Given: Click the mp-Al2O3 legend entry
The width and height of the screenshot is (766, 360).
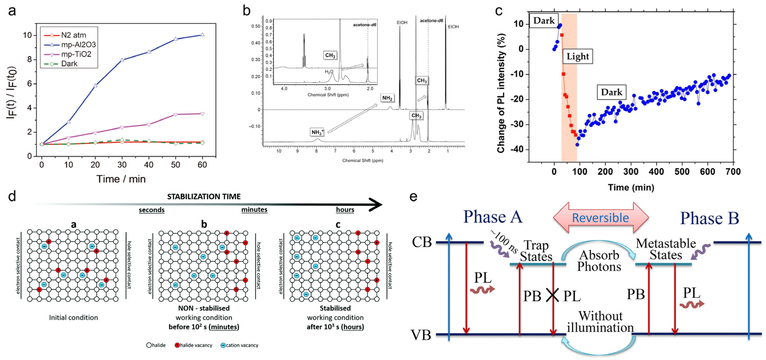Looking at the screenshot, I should pos(78,45).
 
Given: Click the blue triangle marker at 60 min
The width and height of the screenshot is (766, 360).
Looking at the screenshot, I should pos(203,35).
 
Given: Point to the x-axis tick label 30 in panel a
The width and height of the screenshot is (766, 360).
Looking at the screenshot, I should pos(122,165).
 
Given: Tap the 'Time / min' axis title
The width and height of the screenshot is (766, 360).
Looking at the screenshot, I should pos(121,179).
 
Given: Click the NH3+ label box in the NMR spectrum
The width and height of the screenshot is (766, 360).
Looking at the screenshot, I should pos(317,132).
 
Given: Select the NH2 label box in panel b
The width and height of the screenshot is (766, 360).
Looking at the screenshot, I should pos(387,98).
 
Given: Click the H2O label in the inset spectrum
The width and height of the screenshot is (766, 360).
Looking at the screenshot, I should pos(329,72).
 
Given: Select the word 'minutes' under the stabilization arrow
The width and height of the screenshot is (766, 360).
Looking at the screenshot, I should pos(254,210).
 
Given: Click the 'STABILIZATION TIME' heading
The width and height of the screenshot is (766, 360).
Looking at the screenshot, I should pos(204,197).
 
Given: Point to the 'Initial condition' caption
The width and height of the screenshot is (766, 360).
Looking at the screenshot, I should pos(73,317).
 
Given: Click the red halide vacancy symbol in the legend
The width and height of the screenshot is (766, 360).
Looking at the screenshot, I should pos(177,345).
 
